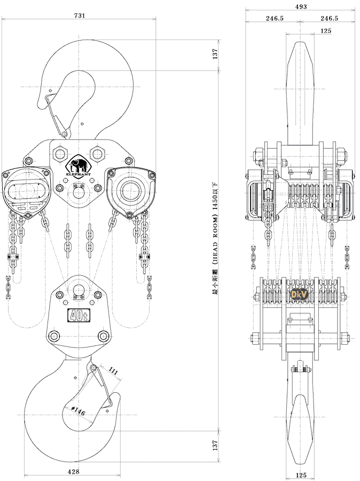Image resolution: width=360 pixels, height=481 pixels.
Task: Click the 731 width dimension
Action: (x=79, y=16)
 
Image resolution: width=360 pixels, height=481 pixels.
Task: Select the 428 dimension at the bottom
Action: (x=74, y=471)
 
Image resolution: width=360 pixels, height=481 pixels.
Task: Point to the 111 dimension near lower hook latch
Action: (x=113, y=370)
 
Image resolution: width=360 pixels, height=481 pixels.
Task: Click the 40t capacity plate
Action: (x=79, y=316)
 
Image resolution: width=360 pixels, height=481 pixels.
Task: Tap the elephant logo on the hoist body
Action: (x=79, y=165)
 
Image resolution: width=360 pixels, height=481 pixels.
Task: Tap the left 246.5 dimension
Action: (x=274, y=18)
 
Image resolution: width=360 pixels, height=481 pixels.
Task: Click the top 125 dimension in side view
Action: (x=326, y=30)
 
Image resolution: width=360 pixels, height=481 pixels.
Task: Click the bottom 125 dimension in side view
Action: (x=299, y=475)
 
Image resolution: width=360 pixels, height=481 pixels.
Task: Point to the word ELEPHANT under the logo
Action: (x=79, y=174)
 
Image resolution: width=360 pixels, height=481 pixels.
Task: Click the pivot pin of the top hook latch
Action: (x=64, y=134)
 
